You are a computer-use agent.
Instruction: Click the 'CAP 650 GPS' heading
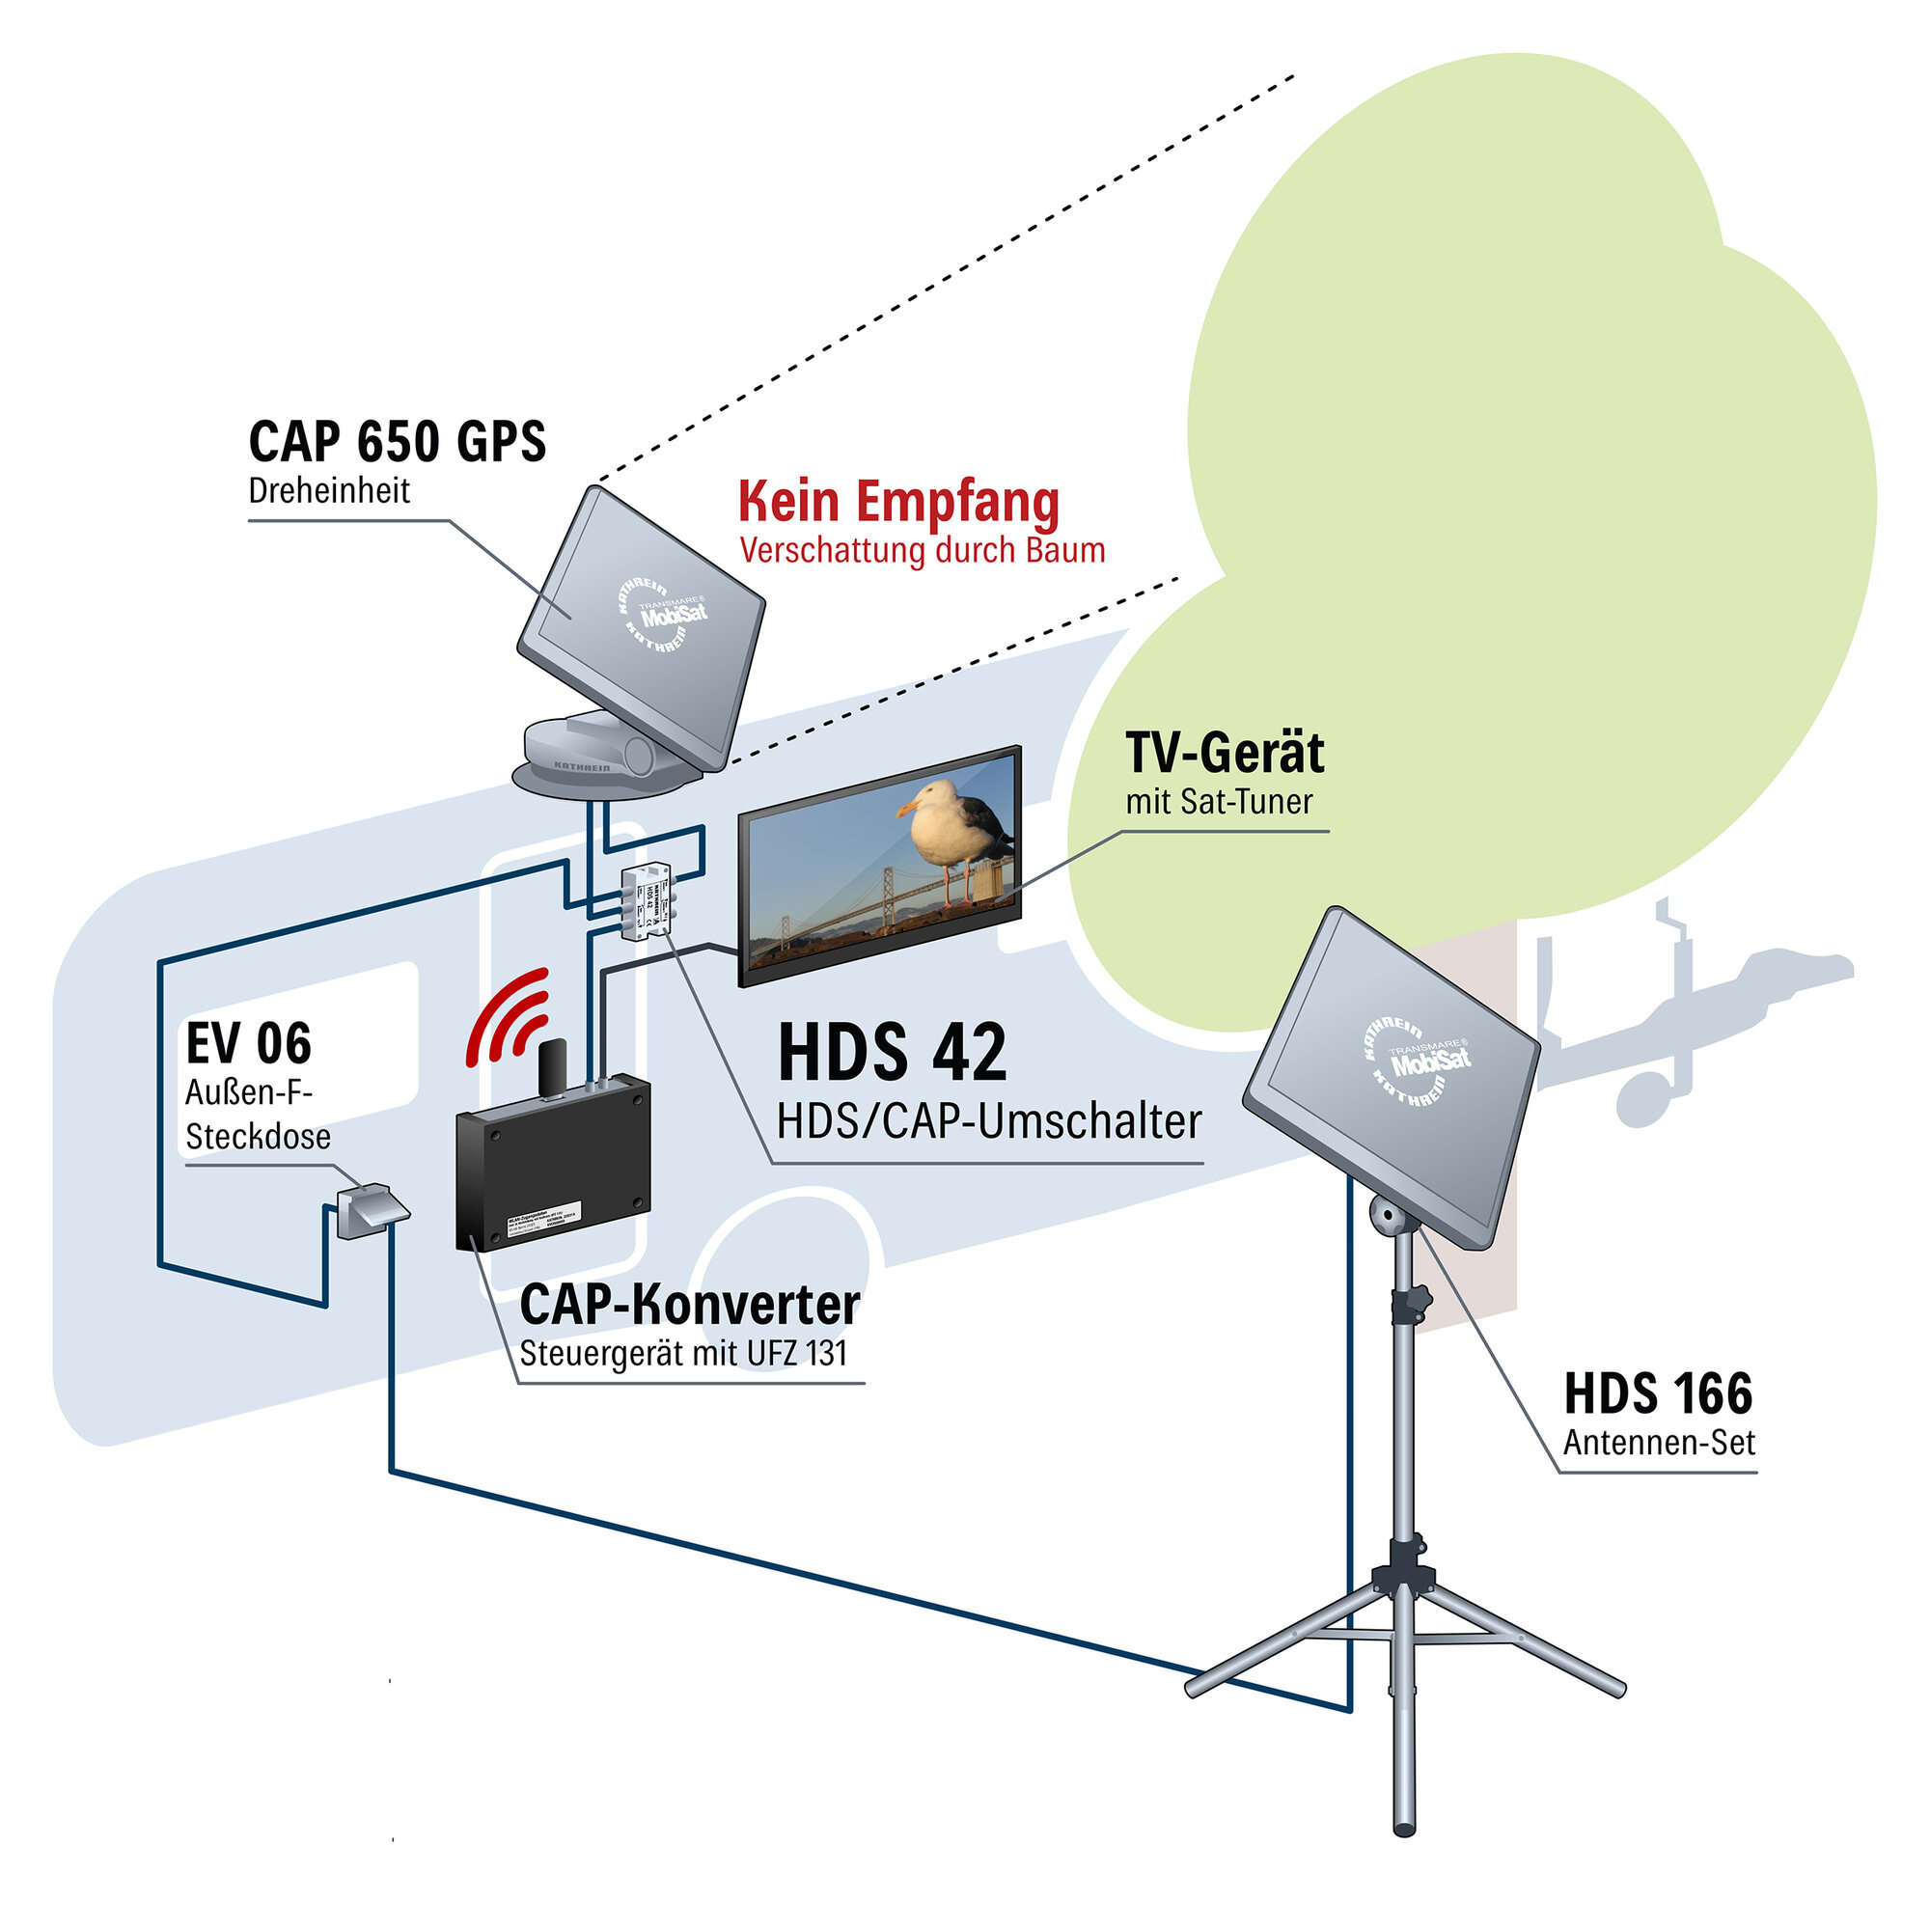point(397,443)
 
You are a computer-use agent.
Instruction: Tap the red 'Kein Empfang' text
point(898,503)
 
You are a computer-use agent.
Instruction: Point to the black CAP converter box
point(552,1164)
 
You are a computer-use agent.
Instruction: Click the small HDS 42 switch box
point(647,900)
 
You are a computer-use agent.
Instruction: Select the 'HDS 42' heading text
point(892,1053)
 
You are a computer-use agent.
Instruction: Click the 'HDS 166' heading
point(1657,1393)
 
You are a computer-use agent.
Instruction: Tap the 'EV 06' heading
point(249,1044)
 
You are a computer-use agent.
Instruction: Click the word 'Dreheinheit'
point(329,491)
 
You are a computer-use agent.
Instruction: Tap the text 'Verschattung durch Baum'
point(922,550)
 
